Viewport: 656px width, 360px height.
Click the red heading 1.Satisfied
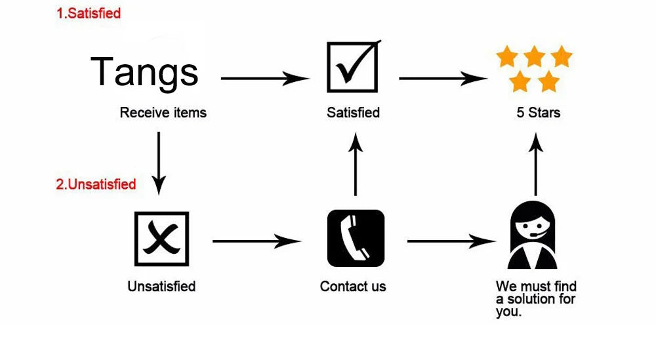pyautogui.click(x=89, y=13)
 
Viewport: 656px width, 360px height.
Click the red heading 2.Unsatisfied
pyautogui.click(x=96, y=184)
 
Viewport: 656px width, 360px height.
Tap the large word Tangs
pyautogui.click(x=144, y=73)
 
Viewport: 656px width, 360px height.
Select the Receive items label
pyautogui.click(x=163, y=113)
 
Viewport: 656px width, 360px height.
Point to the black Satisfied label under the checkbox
pyautogui.click(x=353, y=113)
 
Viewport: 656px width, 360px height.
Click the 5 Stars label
pyautogui.click(x=538, y=113)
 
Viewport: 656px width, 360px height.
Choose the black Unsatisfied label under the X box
pyautogui.click(x=161, y=287)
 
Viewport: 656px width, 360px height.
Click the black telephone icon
pyautogui.click(x=356, y=238)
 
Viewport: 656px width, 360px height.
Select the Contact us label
pyautogui.click(x=353, y=287)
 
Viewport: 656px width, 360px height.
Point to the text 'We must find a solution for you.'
pyautogui.click(x=536, y=298)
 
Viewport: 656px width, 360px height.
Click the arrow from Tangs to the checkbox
pyautogui.click(x=265, y=78)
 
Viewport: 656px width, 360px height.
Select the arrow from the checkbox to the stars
pyautogui.click(x=443, y=78)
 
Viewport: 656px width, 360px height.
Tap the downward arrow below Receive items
pyautogui.click(x=159, y=163)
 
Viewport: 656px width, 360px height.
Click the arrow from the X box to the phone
pyautogui.click(x=257, y=241)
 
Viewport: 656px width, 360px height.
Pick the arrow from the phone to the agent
pyautogui.click(x=451, y=241)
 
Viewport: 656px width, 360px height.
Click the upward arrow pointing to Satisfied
pyautogui.click(x=356, y=164)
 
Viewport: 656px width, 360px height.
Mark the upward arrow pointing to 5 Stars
pyautogui.click(x=535, y=164)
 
